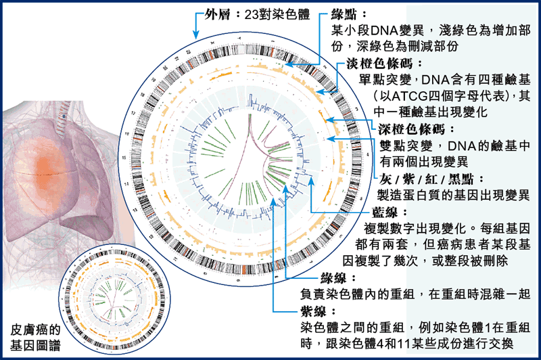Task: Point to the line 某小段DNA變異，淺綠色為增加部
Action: [x=436, y=30]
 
